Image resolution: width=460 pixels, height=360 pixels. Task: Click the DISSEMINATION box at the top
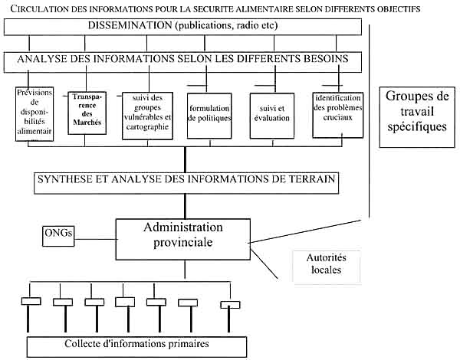coord(182,27)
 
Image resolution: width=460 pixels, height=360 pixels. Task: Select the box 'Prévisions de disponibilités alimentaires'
coord(34,115)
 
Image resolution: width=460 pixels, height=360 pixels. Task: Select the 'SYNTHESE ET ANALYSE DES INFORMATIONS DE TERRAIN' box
coord(186,181)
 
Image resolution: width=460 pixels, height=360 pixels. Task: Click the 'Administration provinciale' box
coord(185,239)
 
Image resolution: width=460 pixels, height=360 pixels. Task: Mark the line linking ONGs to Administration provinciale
coord(96,236)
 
